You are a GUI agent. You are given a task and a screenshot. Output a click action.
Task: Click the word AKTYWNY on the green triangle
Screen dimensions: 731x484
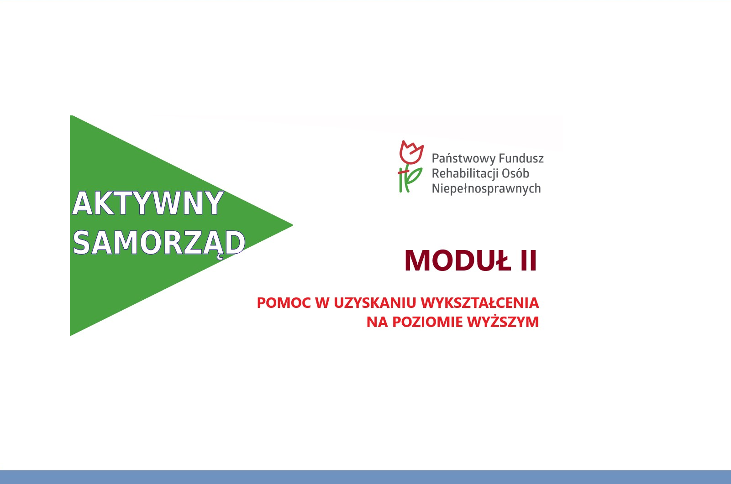pos(148,203)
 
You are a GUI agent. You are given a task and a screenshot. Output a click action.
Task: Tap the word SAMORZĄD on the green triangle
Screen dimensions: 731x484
pos(159,243)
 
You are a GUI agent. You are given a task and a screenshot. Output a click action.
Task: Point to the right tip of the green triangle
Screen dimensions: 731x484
pos(293,225)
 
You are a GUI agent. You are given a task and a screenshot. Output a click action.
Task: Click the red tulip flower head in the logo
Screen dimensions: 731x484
pos(411,152)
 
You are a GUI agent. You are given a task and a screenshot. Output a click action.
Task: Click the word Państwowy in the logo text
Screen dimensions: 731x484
pos(464,158)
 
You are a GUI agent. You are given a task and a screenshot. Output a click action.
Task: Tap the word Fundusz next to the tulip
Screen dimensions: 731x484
pos(521,158)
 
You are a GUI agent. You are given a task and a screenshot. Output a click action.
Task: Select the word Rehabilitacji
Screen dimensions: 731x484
pos(465,173)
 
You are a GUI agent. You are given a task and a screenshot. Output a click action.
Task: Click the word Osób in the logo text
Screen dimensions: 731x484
pos(515,173)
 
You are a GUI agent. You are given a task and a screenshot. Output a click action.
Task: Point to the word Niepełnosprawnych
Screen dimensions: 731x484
pos(486,189)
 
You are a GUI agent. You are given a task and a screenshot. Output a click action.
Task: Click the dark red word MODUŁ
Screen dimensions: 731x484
pos(458,260)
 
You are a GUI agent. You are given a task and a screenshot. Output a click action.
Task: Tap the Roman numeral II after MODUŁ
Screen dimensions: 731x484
pos(528,260)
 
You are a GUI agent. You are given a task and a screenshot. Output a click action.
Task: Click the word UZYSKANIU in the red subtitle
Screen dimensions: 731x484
pos(375,302)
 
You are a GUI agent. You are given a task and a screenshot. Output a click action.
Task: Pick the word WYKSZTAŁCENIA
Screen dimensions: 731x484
pos(480,302)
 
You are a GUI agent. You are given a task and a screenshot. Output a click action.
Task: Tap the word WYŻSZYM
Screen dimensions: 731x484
pos(503,322)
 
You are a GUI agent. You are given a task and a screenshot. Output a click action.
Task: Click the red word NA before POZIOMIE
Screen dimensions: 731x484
pos(377,322)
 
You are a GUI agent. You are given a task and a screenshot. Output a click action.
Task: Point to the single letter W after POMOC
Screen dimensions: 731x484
pos(322,302)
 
